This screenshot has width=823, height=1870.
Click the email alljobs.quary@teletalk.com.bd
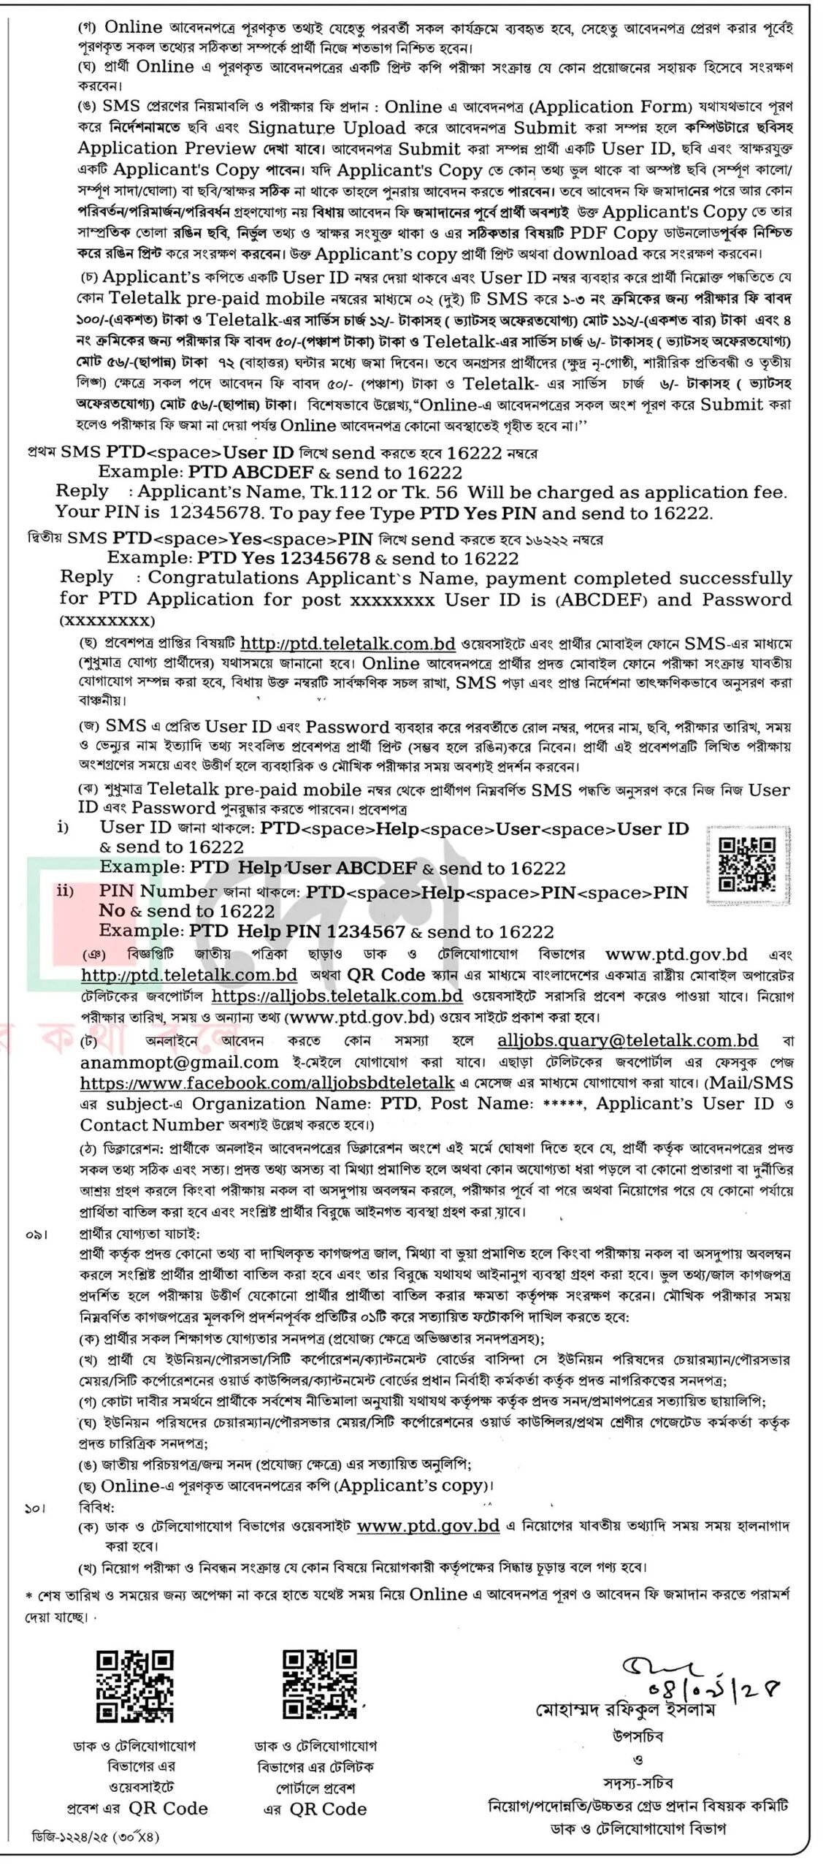pos(627,1040)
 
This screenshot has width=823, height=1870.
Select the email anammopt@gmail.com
pos(180,1061)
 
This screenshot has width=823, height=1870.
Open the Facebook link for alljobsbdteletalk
pos(267,1083)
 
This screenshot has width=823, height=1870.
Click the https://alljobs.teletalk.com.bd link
pos(337,996)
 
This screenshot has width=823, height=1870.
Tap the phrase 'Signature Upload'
pos(326,128)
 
